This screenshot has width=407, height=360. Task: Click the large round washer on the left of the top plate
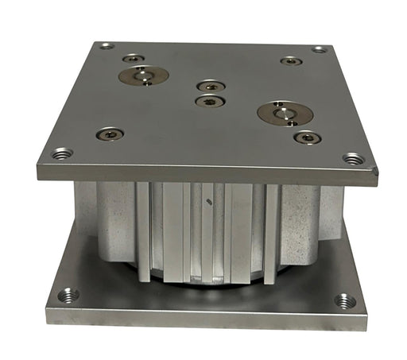click(143, 76)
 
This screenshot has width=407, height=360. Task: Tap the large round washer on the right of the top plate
click(285, 113)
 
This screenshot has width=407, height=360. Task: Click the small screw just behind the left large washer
click(134, 58)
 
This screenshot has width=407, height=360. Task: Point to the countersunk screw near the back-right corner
click(291, 60)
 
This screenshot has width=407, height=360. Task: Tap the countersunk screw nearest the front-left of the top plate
click(110, 134)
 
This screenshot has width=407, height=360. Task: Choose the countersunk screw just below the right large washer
click(307, 137)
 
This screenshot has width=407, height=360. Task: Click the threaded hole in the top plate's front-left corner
click(61, 153)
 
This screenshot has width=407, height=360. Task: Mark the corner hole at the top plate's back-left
click(107, 46)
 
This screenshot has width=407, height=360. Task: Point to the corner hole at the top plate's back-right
click(320, 49)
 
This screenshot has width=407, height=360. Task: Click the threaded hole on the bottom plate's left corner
click(68, 296)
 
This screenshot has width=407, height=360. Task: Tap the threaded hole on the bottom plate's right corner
click(344, 301)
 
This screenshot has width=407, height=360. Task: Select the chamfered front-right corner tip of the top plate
click(375, 169)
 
